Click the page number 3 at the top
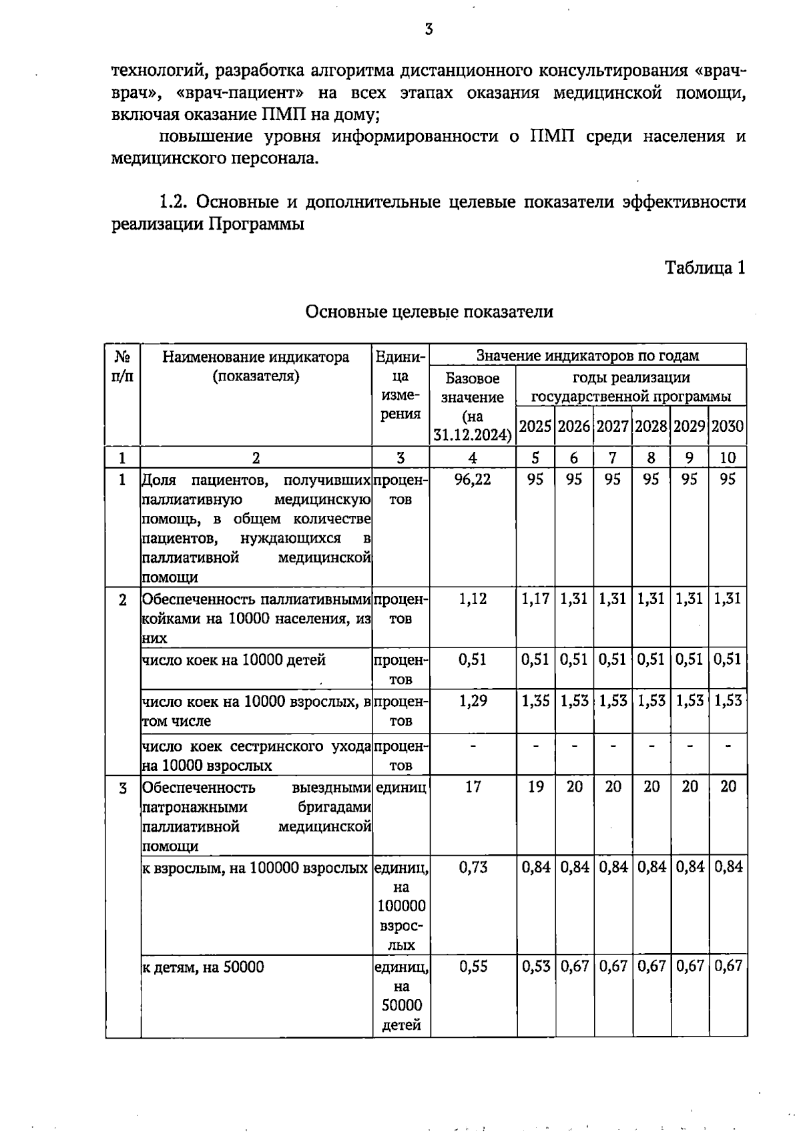[429, 29]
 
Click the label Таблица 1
[704, 268]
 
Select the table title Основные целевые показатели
[429, 312]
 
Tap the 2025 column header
[535, 426]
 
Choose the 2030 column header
[728, 426]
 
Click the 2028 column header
[651, 426]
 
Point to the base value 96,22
[473, 479]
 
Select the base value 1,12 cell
[473, 599]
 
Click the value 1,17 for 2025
[535, 599]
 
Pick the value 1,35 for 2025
[535, 700]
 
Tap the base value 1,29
[473, 700]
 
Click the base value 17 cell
[473, 787]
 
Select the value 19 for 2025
[535, 787]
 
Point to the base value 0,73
[473, 867]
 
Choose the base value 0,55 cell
[473, 966]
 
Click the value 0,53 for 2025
[535, 966]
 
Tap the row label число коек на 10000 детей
[234, 660]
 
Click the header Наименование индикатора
[256, 357]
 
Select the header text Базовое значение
[473, 388]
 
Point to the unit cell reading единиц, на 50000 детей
[401, 995]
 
